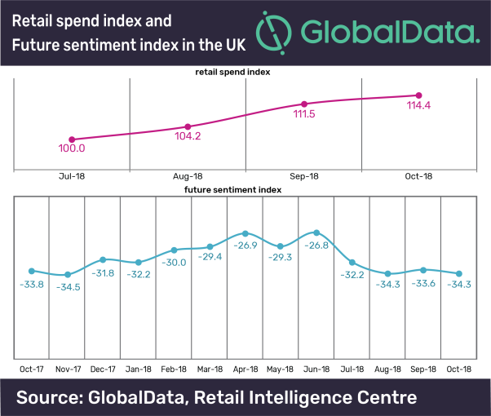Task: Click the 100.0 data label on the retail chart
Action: click(x=72, y=148)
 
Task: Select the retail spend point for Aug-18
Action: click(x=188, y=126)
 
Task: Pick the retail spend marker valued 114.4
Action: click(x=419, y=95)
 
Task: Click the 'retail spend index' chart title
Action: click(x=233, y=72)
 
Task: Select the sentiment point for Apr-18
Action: click(x=245, y=233)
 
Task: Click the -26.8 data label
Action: click(x=316, y=244)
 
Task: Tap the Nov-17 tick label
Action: click(x=67, y=370)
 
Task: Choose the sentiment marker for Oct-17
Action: click(x=32, y=271)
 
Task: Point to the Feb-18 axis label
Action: click(x=174, y=370)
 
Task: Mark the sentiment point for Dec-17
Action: click(x=103, y=259)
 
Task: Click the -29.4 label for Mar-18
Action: click(x=209, y=257)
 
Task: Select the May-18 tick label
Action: click(x=281, y=370)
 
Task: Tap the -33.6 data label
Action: click(x=422, y=283)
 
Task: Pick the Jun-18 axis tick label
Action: click(x=316, y=370)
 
